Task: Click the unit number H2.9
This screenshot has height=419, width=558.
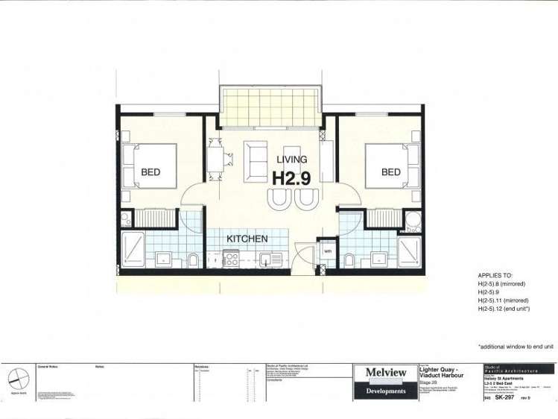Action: pyautogui.click(x=292, y=178)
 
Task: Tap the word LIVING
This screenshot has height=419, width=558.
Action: pyautogui.click(x=292, y=160)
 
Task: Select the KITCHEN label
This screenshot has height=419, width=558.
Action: pyautogui.click(x=247, y=239)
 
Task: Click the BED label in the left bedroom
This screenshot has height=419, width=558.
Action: pyautogui.click(x=150, y=172)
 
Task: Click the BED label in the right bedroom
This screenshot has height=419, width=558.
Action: pyautogui.click(x=391, y=172)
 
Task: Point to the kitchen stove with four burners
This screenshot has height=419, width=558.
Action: pyautogui.click(x=231, y=259)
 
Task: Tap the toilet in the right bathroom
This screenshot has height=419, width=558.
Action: pyautogui.click(x=348, y=259)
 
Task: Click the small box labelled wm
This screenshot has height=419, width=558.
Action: pyautogui.click(x=327, y=251)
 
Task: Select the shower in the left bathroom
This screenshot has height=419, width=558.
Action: pyautogui.click(x=133, y=249)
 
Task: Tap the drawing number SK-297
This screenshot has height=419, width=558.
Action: pyautogui.click(x=506, y=397)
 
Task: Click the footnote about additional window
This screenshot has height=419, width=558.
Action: pyautogui.click(x=516, y=347)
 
